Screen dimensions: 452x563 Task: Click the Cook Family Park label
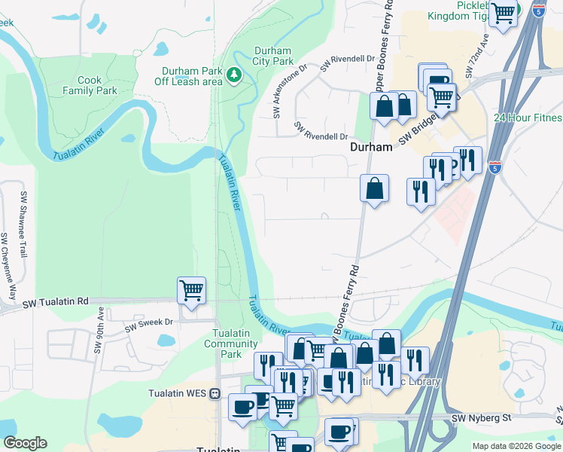tap(97, 85)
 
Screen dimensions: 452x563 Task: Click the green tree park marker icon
tap(234, 74)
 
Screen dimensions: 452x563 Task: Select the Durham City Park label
tap(272, 56)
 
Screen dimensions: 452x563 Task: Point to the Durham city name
tap(371, 148)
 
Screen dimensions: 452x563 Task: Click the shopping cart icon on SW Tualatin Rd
tap(191, 290)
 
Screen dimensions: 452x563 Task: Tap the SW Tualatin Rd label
tap(56, 302)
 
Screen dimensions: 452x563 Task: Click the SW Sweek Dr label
tap(148, 325)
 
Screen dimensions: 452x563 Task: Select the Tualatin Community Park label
tap(226, 344)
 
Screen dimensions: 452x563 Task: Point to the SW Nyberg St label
tap(481, 417)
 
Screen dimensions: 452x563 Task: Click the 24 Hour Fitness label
tap(528, 118)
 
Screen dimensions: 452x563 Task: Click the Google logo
tap(25, 443)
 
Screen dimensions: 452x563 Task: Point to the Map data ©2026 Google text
tap(516, 446)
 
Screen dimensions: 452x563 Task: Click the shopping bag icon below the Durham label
tap(374, 188)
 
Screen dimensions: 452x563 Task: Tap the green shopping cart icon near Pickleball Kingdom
tap(503, 12)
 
